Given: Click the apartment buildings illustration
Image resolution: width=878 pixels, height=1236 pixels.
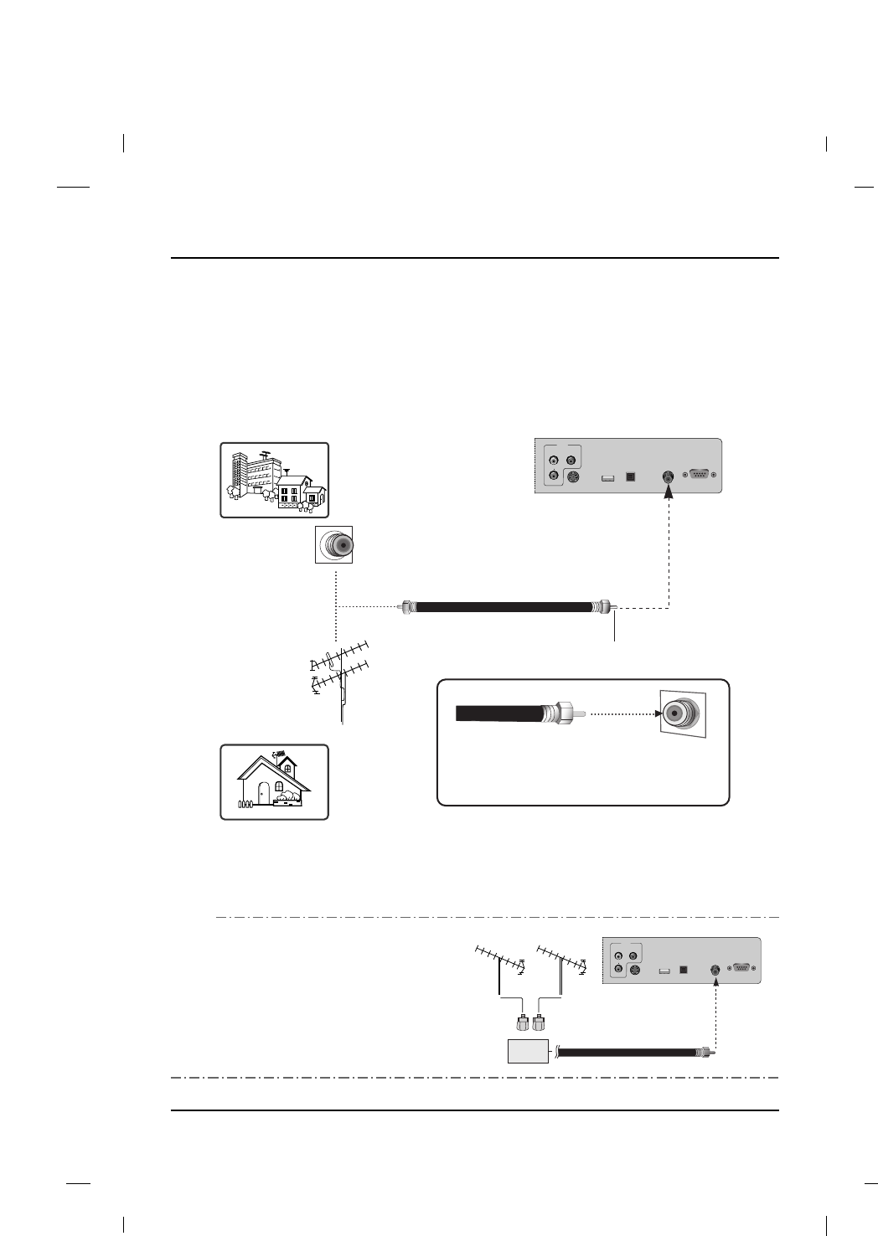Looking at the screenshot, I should (274, 480).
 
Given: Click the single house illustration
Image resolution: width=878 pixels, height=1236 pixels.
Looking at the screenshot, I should (274, 782).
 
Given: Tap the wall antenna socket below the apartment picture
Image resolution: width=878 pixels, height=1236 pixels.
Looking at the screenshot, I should (334, 544).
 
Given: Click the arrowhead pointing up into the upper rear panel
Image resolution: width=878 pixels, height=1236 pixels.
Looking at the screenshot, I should (669, 493).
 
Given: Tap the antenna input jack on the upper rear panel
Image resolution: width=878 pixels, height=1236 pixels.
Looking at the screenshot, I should (669, 476).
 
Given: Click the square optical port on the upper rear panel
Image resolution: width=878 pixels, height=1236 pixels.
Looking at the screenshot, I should (633, 477).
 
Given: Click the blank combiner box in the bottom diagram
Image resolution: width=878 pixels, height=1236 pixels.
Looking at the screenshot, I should (528, 1051).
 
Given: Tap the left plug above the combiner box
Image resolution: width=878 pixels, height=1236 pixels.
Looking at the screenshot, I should (521, 1023).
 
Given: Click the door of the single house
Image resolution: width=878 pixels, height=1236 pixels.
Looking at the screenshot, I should (264, 792).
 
